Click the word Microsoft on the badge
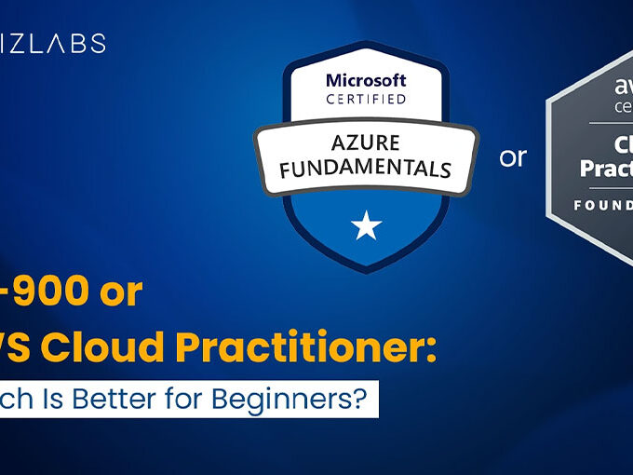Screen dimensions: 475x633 (366, 82)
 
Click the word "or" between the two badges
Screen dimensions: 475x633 (513, 157)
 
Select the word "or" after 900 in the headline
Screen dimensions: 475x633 (122, 292)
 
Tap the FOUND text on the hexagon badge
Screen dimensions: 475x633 (602, 204)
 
